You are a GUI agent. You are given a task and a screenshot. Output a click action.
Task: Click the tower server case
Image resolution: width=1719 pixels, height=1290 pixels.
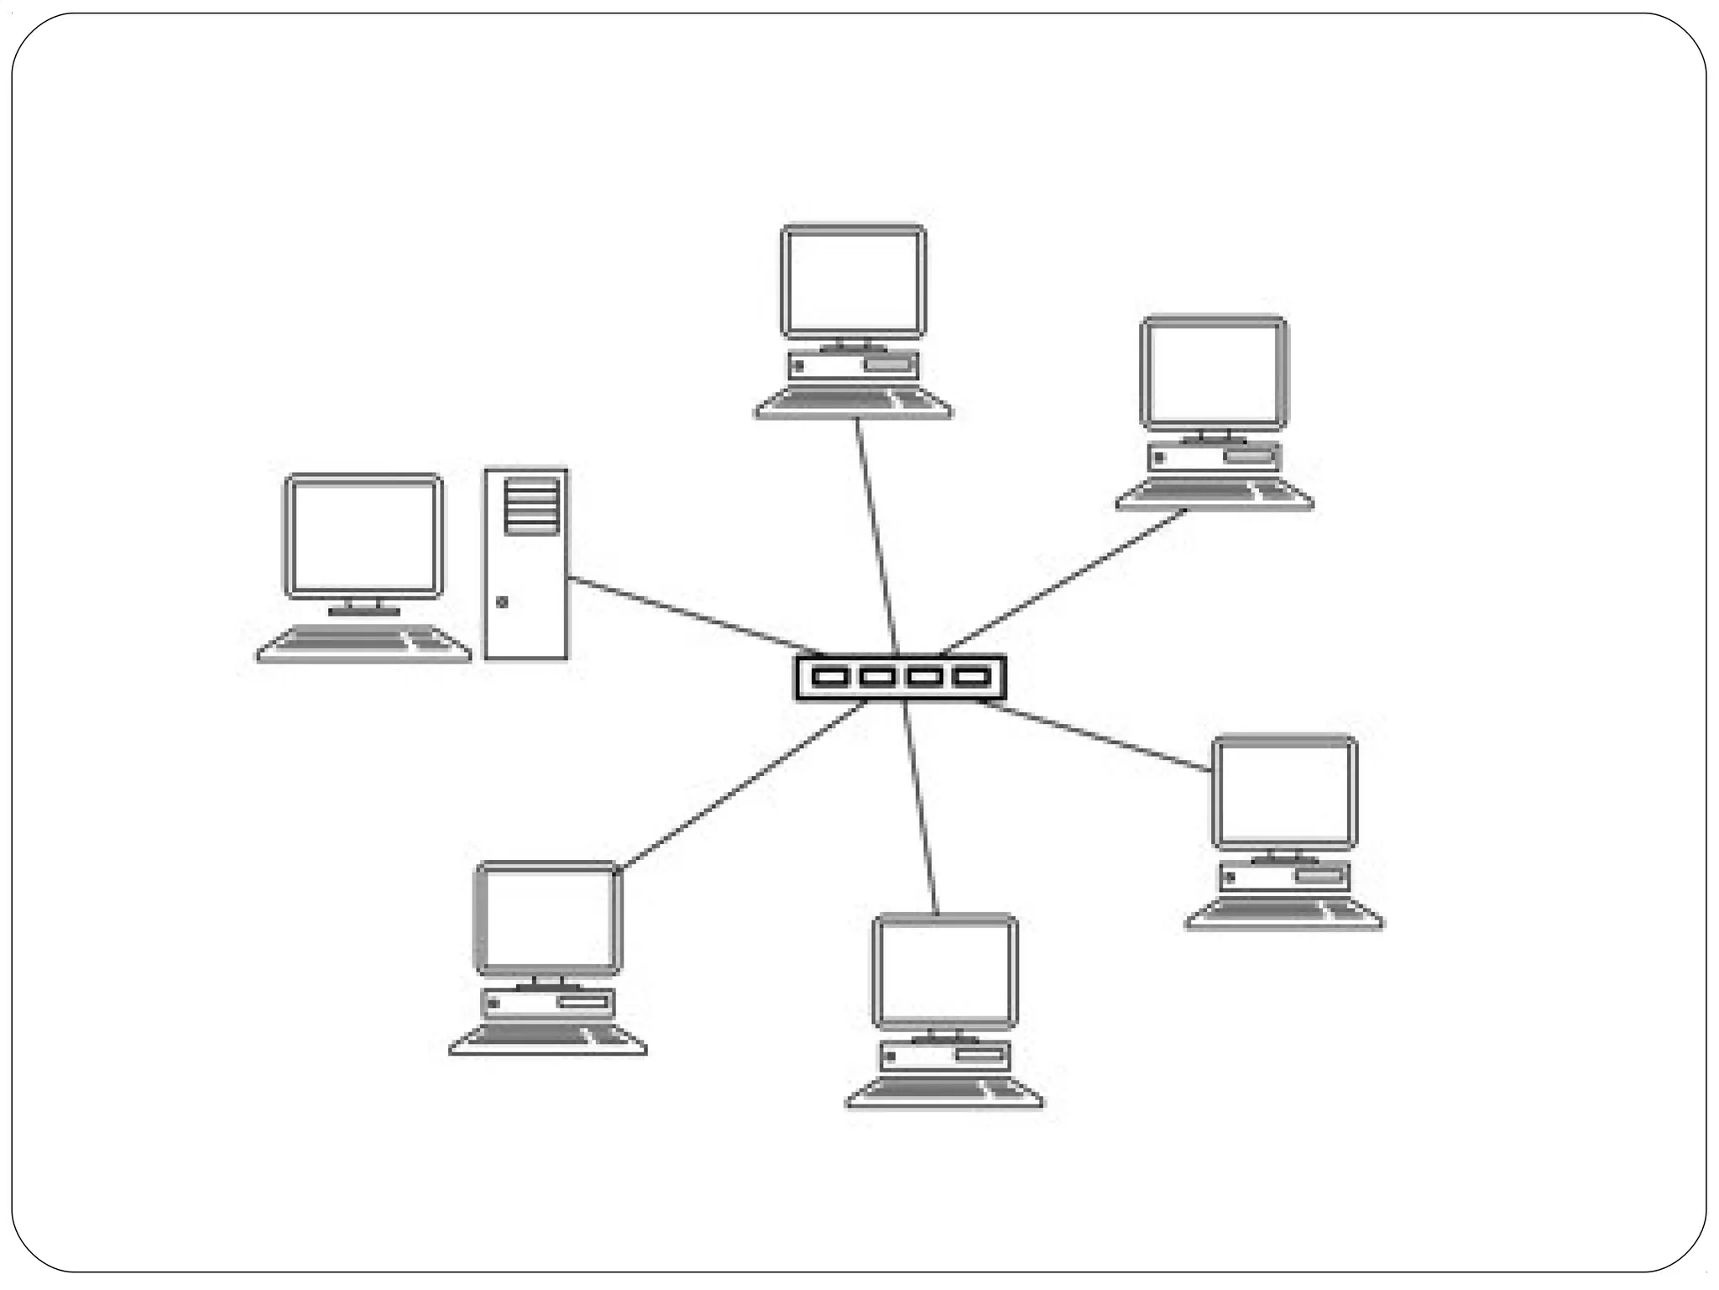coord(526,588)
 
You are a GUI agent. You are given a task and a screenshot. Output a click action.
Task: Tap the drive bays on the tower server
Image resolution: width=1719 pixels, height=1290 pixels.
coord(531,506)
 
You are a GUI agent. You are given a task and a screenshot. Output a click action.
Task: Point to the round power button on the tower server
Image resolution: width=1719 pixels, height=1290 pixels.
coord(502,601)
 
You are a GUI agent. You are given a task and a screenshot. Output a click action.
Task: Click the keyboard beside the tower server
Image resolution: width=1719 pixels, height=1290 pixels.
coord(363,643)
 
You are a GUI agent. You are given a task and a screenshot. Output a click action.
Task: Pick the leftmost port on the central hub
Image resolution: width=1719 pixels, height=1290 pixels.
coord(829,677)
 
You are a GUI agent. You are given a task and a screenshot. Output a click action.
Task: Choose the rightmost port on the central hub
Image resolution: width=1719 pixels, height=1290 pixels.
coord(972,677)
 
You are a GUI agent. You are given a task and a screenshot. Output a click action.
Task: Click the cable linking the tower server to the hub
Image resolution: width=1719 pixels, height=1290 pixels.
coord(688,614)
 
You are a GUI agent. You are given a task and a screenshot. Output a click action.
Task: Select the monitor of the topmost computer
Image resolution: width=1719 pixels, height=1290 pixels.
coord(854,281)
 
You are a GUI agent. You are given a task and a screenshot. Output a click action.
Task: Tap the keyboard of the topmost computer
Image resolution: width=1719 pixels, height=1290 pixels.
coord(854,402)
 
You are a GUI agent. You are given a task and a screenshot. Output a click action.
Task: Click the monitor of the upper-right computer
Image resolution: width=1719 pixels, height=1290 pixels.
coord(1214,373)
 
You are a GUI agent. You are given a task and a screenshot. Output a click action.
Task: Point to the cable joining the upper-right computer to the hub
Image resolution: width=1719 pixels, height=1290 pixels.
coord(1066,579)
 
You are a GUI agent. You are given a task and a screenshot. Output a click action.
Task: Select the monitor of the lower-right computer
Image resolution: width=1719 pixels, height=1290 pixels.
coord(1284,793)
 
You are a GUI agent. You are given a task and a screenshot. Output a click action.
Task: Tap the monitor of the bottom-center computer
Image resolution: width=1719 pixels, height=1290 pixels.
coord(945,971)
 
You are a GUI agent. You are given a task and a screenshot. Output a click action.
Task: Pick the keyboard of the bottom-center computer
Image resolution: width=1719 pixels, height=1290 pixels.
coord(944,1091)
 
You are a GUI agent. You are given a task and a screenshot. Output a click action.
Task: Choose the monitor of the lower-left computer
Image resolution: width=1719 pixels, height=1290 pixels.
coord(548,918)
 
